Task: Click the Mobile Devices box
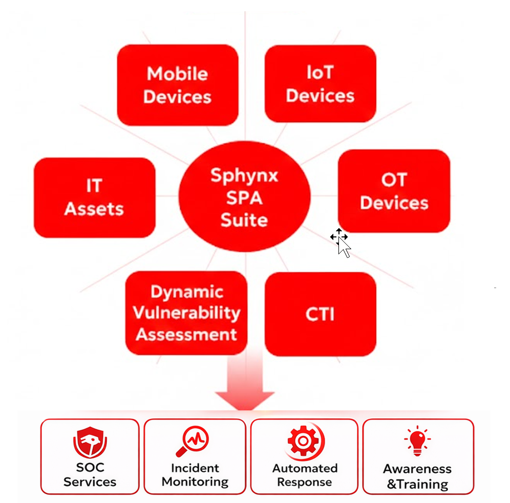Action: (x=177, y=85)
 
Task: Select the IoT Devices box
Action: (x=320, y=84)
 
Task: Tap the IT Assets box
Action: (x=94, y=198)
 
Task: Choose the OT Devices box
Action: (x=394, y=191)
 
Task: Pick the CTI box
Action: (x=320, y=314)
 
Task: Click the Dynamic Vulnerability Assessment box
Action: (x=186, y=313)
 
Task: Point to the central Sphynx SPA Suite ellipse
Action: (x=244, y=198)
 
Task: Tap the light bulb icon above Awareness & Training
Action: (x=417, y=441)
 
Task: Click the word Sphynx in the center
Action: (x=244, y=176)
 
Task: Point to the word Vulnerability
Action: (x=186, y=313)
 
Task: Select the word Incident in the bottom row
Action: (x=195, y=468)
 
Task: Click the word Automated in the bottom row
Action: (x=305, y=468)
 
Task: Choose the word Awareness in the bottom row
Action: (x=417, y=469)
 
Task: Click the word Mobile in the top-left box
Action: (x=177, y=74)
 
